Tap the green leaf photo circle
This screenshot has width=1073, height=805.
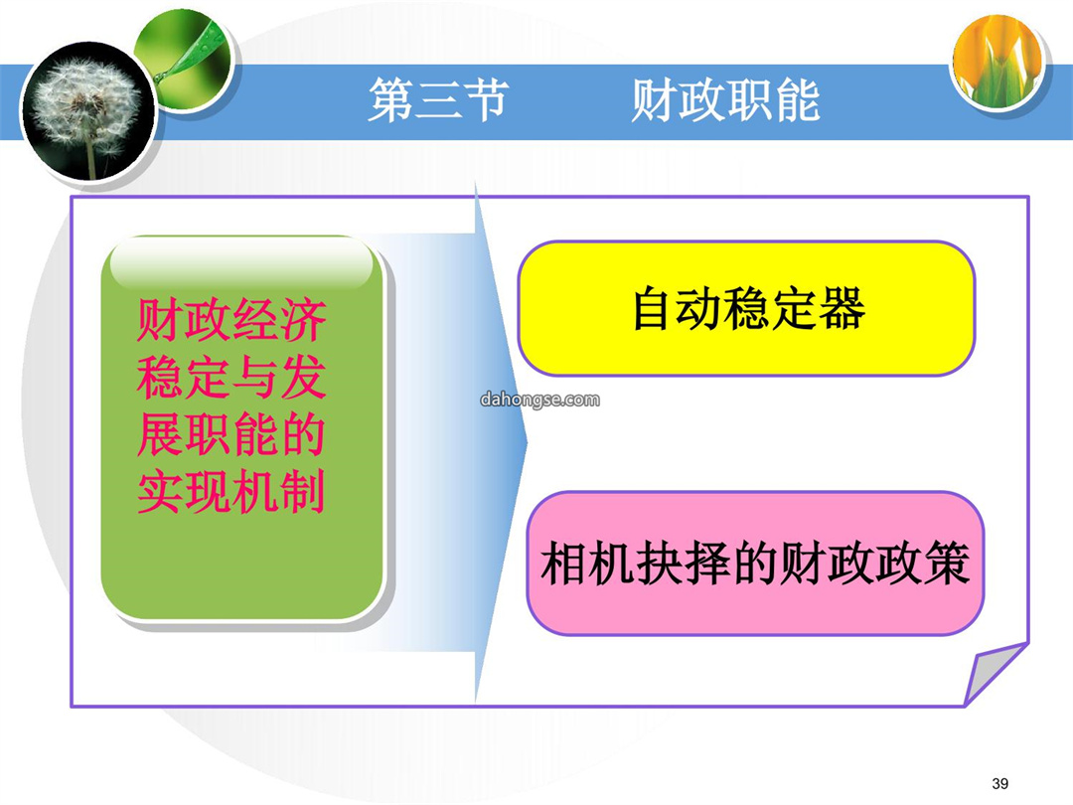point(184,61)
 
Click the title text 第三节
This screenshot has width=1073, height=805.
point(439,100)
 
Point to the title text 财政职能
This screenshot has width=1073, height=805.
point(725,100)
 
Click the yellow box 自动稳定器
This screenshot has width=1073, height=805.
point(746,308)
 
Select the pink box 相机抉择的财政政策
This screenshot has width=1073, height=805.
point(755,563)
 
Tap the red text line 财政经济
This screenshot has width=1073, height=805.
point(231,320)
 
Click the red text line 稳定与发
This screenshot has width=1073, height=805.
point(231,378)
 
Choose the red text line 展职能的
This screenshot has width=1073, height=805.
point(231,434)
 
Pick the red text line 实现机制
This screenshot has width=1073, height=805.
point(231,492)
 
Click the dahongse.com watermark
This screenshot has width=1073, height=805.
point(539,400)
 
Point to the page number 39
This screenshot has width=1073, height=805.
point(999,784)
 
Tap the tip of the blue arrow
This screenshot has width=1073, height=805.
point(527,441)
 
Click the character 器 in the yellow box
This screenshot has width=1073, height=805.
point(842,308)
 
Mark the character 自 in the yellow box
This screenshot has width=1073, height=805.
point(654,308)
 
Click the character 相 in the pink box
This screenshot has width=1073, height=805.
point(563,563)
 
